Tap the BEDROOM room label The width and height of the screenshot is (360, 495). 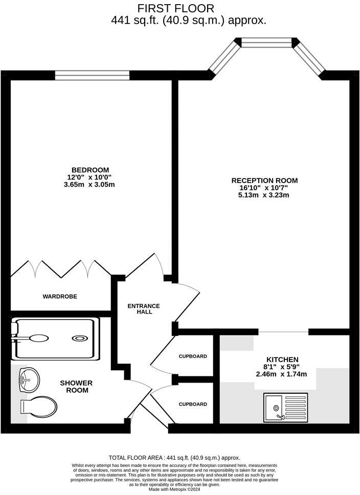(90, 170)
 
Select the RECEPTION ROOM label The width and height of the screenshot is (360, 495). (264, 181)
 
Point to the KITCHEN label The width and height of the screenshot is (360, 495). (282, 359)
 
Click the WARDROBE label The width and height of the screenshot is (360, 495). (60, 296)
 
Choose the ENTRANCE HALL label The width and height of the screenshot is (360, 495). (144, 309)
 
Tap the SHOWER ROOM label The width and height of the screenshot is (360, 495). (76, 387)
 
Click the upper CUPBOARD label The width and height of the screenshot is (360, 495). (193, 356)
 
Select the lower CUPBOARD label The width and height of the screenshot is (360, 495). (193, 404)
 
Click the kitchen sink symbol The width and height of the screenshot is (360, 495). (285, 408)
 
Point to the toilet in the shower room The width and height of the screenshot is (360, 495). (39, 407)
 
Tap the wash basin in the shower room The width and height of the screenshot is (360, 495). (29, 379)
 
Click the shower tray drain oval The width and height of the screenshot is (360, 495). (80, 338)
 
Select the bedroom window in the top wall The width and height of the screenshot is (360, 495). (92, 75)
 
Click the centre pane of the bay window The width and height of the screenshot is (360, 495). (266, 42)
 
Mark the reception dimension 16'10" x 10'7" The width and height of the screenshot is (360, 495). (264, 188)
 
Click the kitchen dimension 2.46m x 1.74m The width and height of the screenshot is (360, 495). (282, 374)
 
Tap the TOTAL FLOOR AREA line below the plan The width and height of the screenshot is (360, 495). (174, 458)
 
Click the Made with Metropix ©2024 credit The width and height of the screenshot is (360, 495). (174, 489)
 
